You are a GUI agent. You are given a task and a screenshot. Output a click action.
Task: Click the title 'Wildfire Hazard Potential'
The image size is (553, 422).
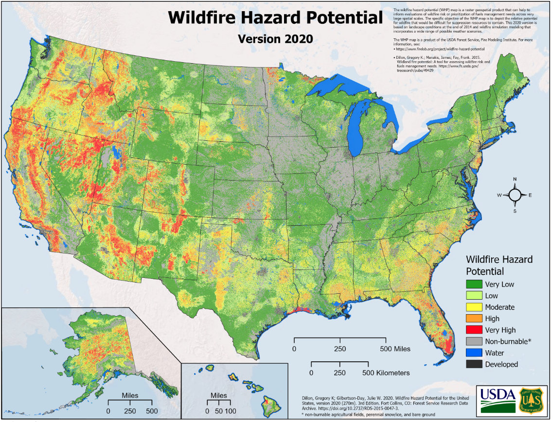[x=275, y=18]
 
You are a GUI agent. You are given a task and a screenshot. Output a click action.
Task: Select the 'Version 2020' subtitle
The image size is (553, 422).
[x=275, y=38]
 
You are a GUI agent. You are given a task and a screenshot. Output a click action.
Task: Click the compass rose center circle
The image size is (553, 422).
[x=515, y=195]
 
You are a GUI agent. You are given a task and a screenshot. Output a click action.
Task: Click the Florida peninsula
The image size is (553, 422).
[x=440, y=321]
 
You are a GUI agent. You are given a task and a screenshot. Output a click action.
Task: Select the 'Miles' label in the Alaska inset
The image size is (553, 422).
[x=130, y=394]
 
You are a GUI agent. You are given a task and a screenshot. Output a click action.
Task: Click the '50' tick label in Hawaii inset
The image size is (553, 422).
[x=218, y=411]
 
